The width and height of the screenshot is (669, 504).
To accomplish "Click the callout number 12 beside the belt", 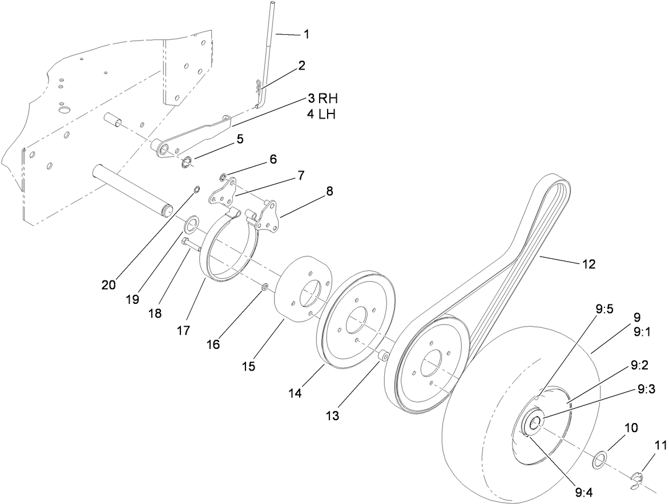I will click(589, 264).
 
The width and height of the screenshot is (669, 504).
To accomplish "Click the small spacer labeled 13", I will click(383, 356).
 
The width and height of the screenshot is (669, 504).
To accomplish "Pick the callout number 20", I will click(109, 284).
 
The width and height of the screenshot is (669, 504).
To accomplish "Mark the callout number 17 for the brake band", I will click(183, 330).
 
